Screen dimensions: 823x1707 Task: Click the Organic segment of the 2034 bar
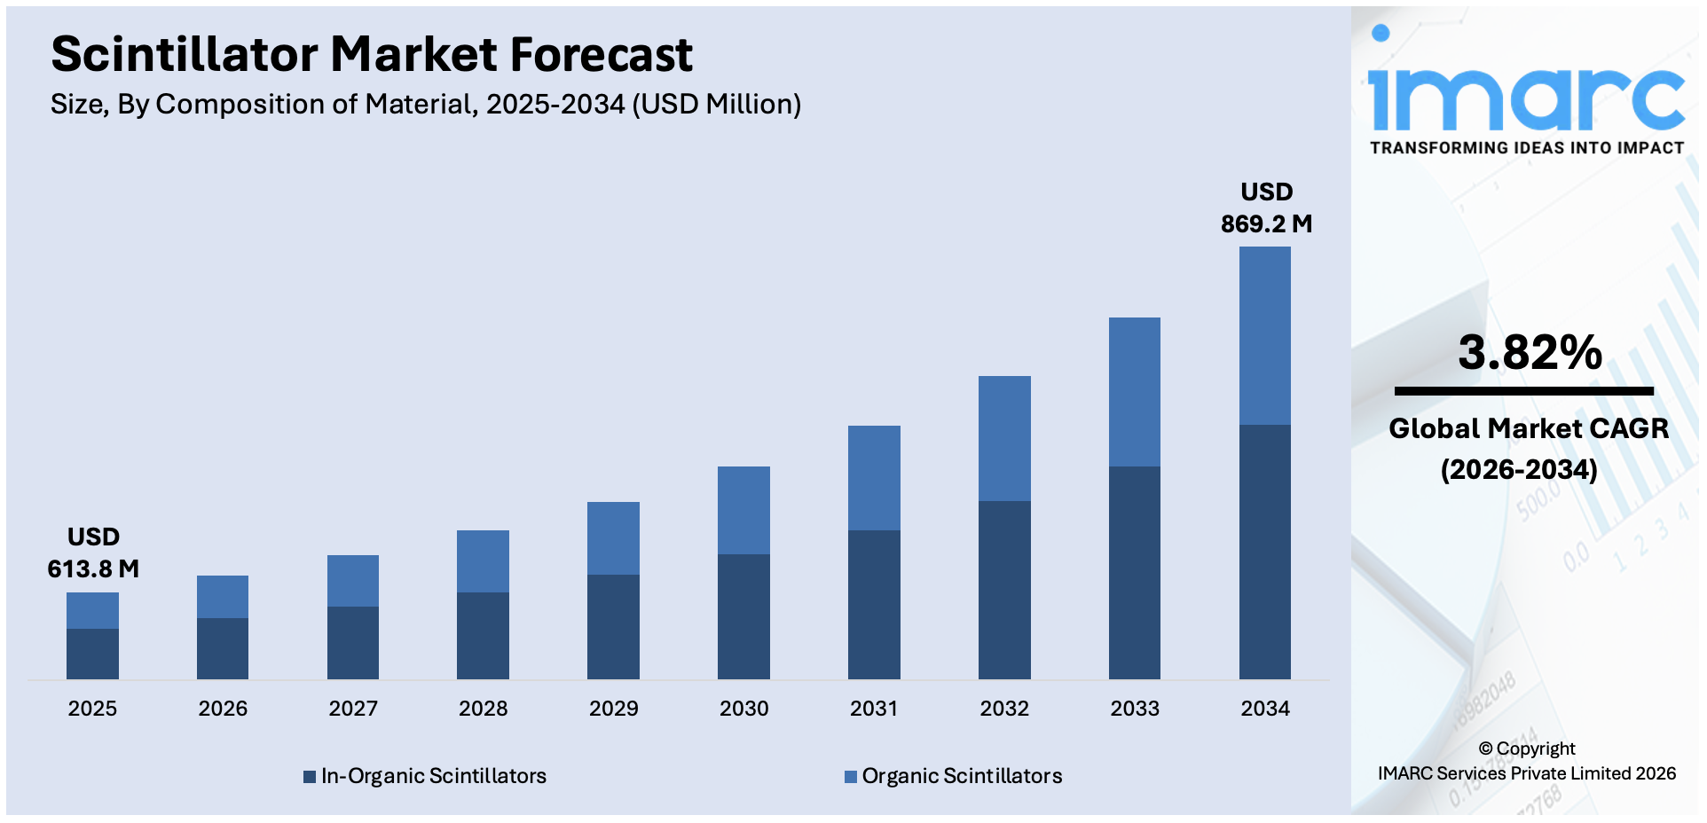1264,335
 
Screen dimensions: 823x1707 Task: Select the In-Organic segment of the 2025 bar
92,654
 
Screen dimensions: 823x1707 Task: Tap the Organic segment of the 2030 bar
743,510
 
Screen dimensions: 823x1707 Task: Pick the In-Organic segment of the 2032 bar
1004,590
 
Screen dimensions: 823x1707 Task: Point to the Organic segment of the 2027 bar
353,581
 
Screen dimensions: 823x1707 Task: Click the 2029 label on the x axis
613,709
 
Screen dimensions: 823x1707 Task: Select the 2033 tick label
1135,709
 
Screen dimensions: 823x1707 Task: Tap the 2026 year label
223,709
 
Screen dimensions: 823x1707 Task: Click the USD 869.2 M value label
1266,208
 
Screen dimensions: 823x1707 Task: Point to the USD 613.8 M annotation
93,553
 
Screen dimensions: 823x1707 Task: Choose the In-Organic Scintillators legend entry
433,776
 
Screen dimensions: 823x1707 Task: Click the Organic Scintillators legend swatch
850,777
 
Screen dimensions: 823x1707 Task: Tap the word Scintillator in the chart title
184,55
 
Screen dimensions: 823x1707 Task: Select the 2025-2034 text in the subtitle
555,105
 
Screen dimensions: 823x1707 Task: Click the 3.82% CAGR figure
1530,353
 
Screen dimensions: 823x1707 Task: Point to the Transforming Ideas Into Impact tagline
1526,148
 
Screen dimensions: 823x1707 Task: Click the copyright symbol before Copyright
1485,749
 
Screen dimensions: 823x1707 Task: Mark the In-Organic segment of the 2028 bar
483,635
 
